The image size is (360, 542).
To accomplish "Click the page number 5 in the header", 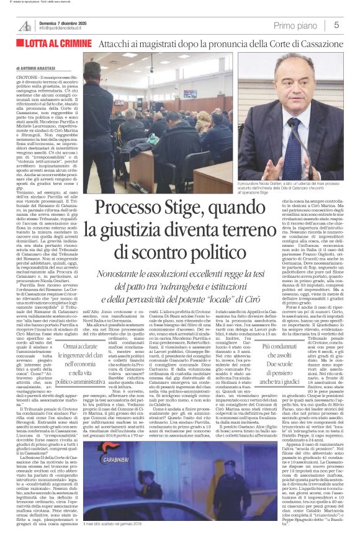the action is coord(336,25).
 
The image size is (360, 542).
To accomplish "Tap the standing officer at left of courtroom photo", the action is coord(101,130).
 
